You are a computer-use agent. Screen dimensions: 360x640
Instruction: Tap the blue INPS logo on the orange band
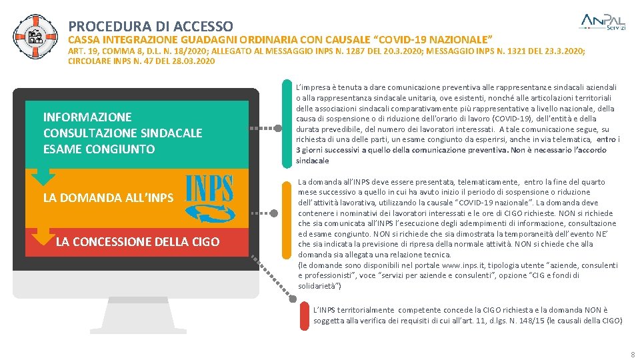tap(209, 197)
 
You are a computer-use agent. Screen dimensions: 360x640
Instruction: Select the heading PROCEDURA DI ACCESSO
tap(151, 27)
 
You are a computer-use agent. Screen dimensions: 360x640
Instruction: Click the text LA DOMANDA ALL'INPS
tap(108, 197)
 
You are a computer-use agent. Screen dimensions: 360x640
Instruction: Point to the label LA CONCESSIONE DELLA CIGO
tap(137, 241)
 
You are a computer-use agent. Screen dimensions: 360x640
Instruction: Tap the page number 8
tap(632, 355)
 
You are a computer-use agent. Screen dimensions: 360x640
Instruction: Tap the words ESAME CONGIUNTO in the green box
tap(99, 149)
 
